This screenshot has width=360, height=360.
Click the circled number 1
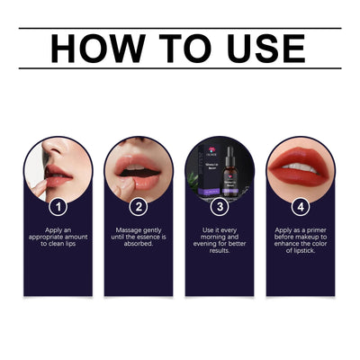(x=58, y=206)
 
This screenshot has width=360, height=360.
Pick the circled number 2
(x=139, y=206)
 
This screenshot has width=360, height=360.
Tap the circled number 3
(x=220, y=206)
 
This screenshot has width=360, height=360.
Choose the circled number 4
(x=300, y=206)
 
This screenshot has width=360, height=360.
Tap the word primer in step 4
(x=312, y=230)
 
